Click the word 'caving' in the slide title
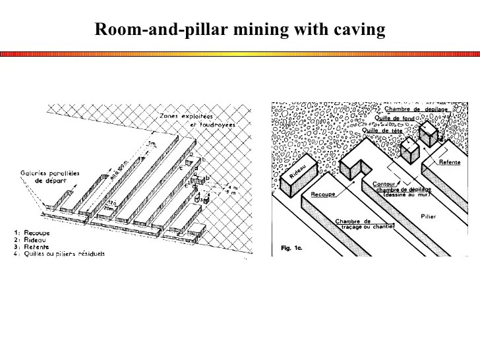point(361,30)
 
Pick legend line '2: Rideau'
point(31,239)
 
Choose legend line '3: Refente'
point(32,246)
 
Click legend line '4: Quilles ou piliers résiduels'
point(59,253)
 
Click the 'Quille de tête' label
point(382,131)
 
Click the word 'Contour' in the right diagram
point(384,184)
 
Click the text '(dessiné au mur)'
point(404,196)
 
